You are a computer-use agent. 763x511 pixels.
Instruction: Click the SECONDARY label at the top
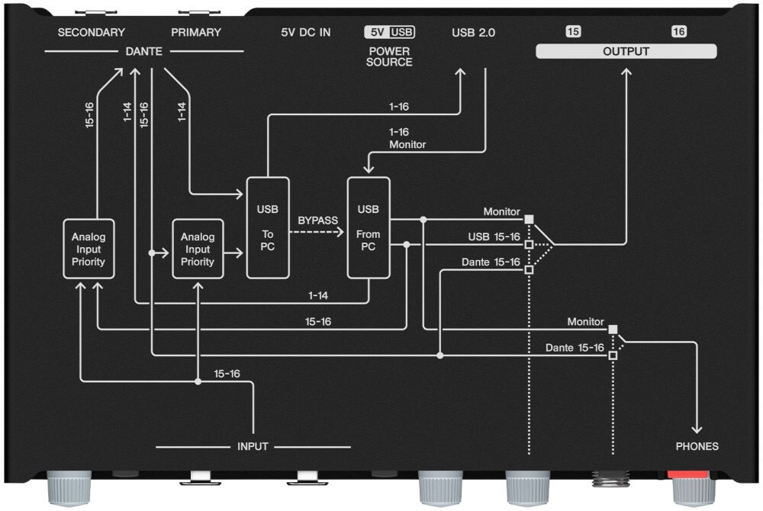[91, 33]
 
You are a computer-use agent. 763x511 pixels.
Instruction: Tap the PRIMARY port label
[195, 33]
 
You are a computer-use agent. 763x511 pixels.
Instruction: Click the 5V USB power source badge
[389, 33]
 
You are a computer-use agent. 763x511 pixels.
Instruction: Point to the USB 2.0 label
[473, 33]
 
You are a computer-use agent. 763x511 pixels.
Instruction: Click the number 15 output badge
[572, 32]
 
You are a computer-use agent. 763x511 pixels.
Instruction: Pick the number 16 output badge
[678, 32]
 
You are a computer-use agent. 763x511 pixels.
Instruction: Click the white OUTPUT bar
[626, 52]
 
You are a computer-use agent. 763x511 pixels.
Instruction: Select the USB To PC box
[268, 227]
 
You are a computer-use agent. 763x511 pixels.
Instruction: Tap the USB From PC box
[369, 227]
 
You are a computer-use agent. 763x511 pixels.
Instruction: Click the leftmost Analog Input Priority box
[89, 249]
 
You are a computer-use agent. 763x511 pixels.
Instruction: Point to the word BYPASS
[318, 220]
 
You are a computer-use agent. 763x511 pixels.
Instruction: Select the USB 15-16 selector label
[494, 237]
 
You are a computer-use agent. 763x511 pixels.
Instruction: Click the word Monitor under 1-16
[407, 144]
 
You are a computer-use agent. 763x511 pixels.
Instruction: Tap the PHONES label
[697, 446]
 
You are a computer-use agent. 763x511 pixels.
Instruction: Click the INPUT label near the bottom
[253, 446]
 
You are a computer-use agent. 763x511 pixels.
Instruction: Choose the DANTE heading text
[144, 51]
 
